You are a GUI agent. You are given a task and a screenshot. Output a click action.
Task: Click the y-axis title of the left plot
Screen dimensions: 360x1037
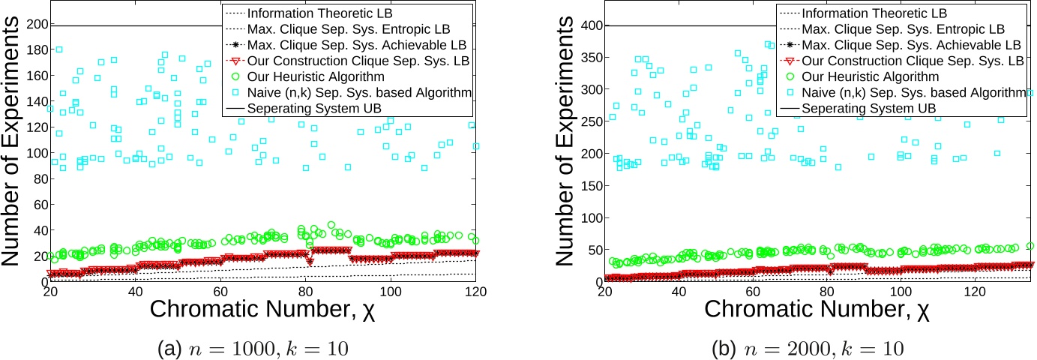[13, 142]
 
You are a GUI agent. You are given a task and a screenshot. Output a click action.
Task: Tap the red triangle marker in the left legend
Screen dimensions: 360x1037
[233, 61]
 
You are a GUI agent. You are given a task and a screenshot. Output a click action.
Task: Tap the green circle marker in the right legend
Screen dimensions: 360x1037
[788, 76]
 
